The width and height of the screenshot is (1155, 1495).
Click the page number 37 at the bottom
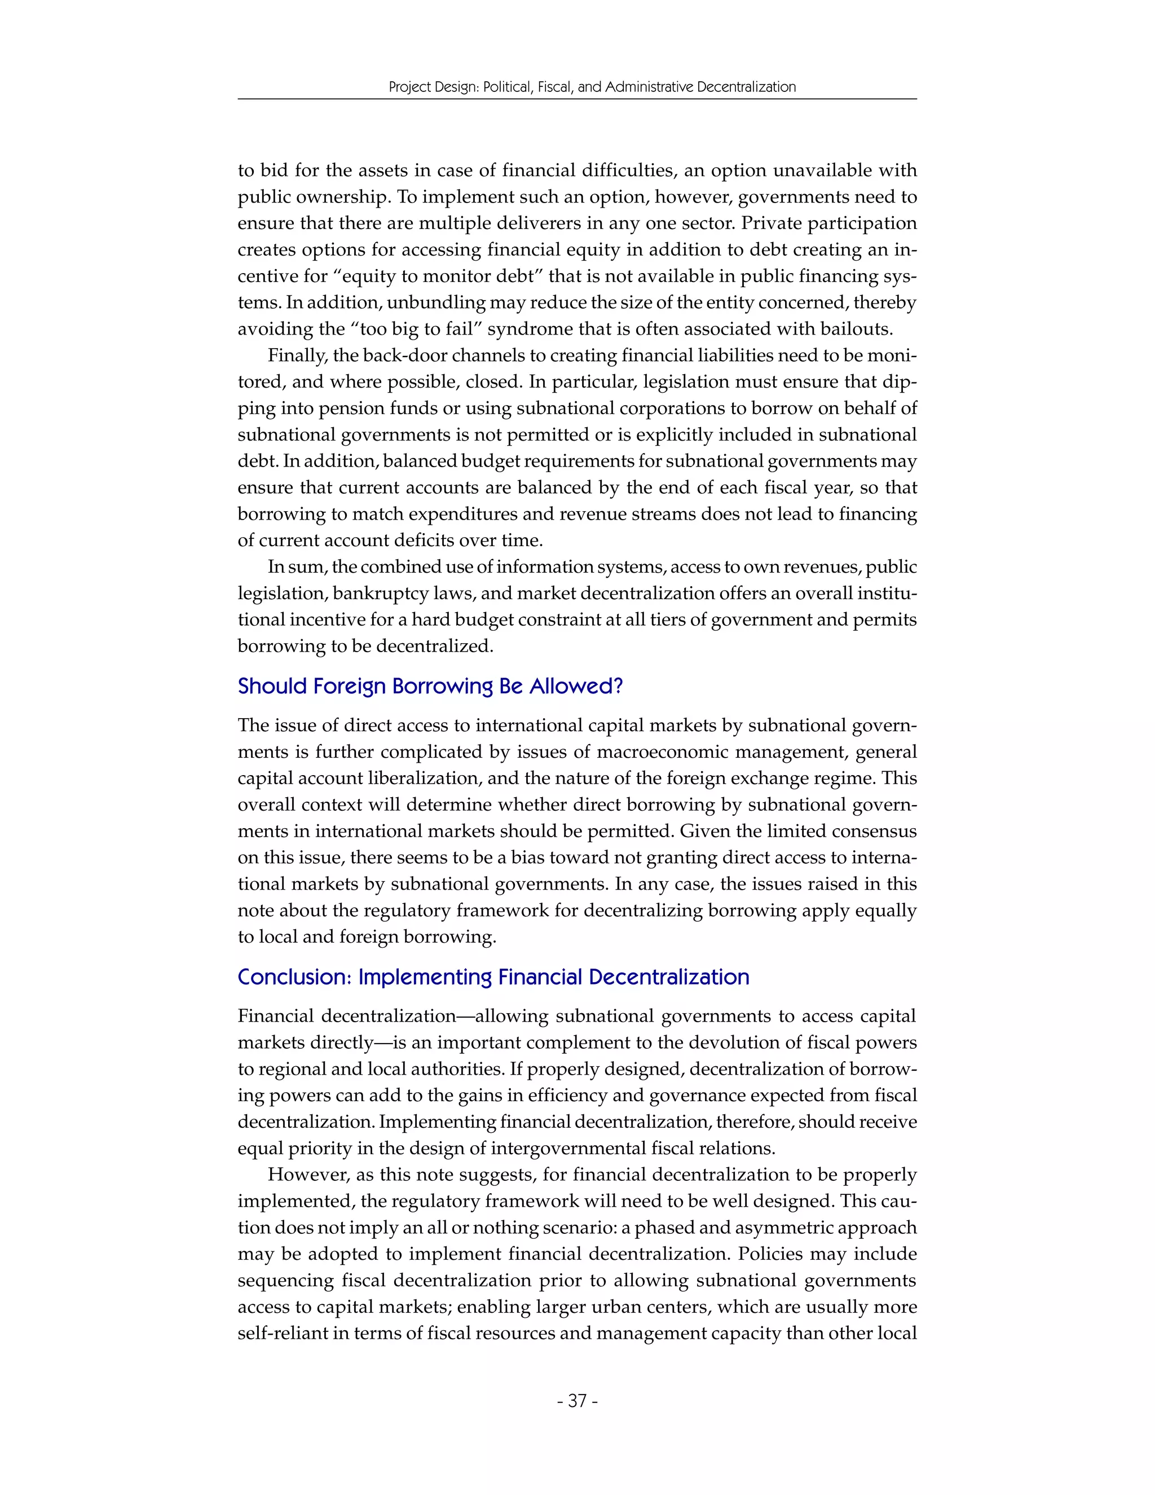(577, 1401)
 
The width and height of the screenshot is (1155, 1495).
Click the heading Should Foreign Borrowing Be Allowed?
(430, 686)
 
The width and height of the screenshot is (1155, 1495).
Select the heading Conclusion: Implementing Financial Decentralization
(493, 977)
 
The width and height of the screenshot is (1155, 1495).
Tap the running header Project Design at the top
(592, 87)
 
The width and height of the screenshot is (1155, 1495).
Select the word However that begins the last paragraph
(308, 1175)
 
